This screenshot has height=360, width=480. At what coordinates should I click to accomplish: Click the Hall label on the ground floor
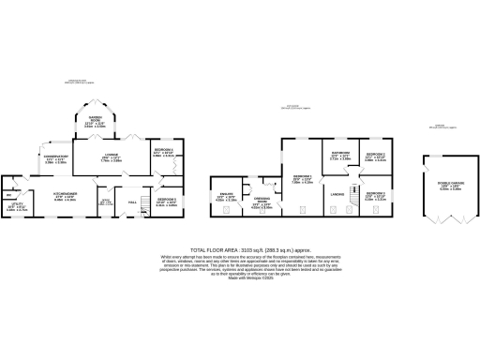pyautogui.click(x=132, y=201)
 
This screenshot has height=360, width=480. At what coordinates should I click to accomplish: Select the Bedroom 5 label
pyautogui.click(x=166, y=201)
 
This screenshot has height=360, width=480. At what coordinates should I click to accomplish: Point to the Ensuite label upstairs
pyautogui.click(x=225, y=196)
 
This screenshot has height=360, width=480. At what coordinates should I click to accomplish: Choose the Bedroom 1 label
pyautogui.click(x=302, y=177)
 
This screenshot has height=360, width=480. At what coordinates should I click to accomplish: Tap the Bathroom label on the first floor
pyautogui.click(x=340, y=155)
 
